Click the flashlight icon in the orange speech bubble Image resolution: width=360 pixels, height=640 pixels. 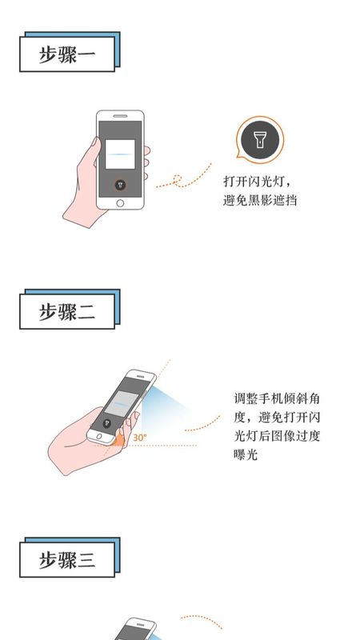pyautogui.click(x=259, y=140)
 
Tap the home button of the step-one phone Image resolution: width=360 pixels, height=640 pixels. pyautogui.click(x=120, y=203)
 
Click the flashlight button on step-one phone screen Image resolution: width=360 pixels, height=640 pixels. pyautogui.click(x=120, y=185)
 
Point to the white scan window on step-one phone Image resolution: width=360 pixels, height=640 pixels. pyautogui.click(x=120, y=154)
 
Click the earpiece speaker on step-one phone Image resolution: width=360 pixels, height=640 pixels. pyautogui.click(x=120, y=116)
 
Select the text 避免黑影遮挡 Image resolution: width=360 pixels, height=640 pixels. pyautogui.click(x=260, y=200)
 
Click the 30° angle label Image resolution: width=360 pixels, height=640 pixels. pyautogui.click(x=139, y=438)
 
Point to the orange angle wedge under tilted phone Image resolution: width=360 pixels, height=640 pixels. pyautogui.click(x=118, y=440)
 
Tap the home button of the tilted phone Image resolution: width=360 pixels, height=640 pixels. pyautogui.click(x=99, y=436)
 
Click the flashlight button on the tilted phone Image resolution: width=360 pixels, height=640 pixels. pyautogui.click(x=107, y=423)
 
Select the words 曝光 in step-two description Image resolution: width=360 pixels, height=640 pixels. pyautogui.click(x=246, y=454)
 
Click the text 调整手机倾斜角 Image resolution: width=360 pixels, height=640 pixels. pyautogui.click(x=277, y=398)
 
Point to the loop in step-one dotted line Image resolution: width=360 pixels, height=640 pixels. pyautogui.click(x=177, y=178)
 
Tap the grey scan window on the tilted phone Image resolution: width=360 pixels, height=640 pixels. pyautogui.click(x=121, y=403)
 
